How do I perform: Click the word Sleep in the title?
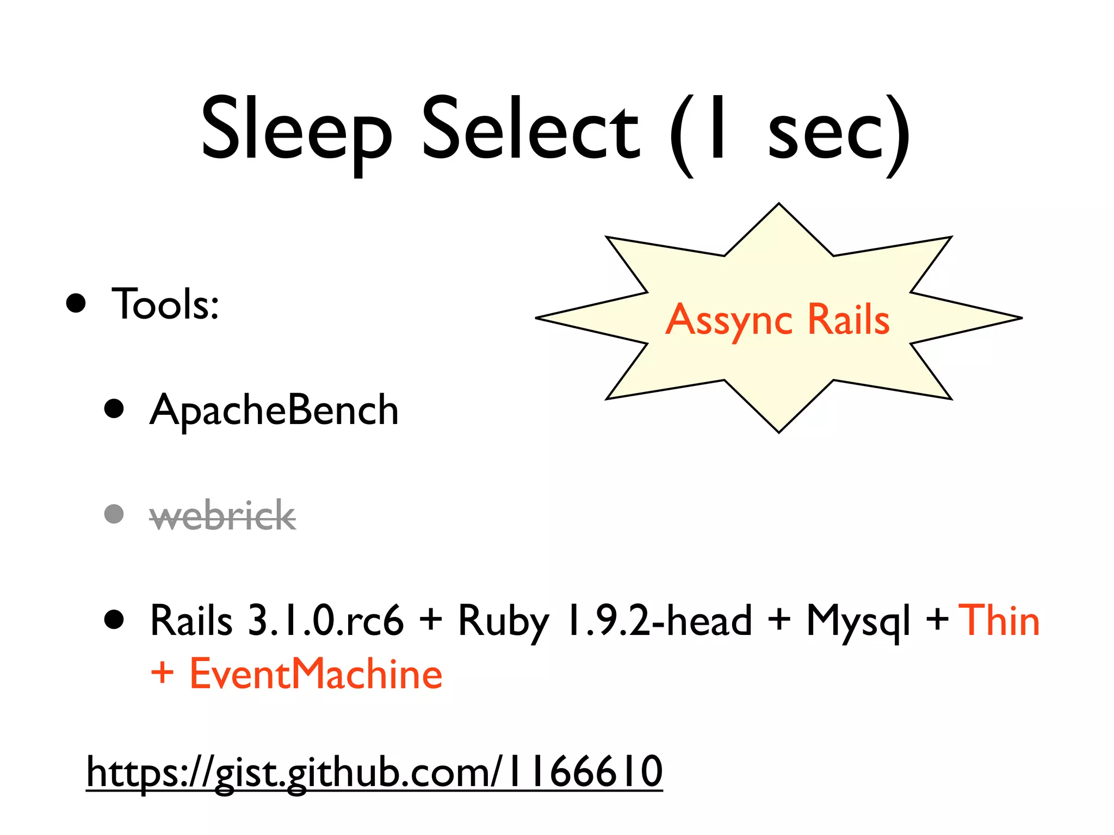296,130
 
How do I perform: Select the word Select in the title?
530,130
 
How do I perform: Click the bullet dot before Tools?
76,303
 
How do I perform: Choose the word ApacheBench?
274,410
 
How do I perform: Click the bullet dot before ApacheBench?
114,408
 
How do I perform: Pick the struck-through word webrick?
222,515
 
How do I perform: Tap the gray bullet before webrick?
114,514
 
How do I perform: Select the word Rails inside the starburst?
848,319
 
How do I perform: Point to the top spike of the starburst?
779,209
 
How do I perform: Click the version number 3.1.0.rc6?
326,620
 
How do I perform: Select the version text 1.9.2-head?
659,620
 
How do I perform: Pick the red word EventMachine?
315,674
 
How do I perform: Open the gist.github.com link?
375,772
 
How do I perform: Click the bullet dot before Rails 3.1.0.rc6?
114,619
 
